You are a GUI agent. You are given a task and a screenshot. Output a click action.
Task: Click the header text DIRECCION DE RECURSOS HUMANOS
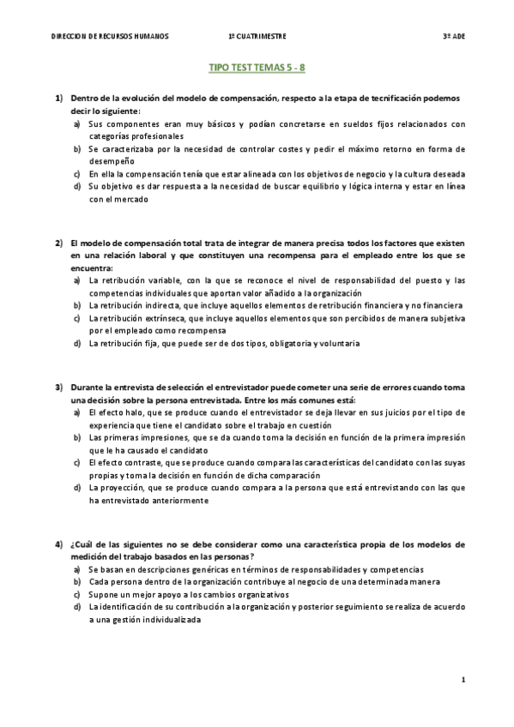[x=110, y=37]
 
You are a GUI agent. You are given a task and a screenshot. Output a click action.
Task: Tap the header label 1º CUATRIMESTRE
[x=257, y=37]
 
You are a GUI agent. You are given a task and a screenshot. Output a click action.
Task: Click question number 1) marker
[x=59, y=99]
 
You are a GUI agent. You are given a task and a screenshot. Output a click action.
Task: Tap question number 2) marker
[x=59, y=243]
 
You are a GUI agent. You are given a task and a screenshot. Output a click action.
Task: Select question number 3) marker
[x=59, y=388]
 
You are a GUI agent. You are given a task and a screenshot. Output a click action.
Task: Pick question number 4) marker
[x=59, y=545]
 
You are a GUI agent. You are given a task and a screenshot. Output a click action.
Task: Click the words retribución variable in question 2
[x=137, y=280]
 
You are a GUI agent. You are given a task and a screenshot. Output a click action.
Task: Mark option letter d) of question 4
[x=77, y=607]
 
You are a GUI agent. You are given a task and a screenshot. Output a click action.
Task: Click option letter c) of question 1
[x=77, y=173]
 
